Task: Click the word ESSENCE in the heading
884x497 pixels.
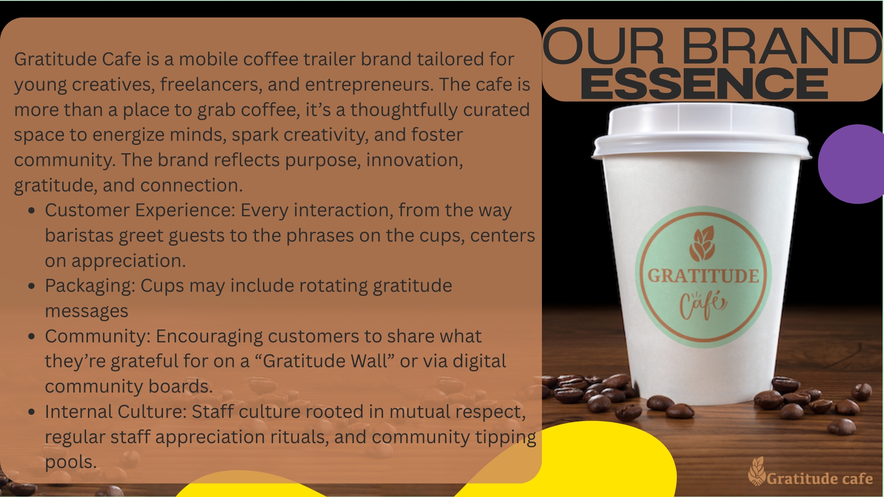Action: click(x=704, y=83)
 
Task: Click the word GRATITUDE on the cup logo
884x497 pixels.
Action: click(x=704, y=276)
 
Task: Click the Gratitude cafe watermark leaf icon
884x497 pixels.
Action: click(x=756, y=471)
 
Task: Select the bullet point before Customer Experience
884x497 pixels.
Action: click(x=32, y=211)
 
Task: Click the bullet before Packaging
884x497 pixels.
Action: click(x=32, y=286)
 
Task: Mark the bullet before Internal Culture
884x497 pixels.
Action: click(x=32, y=412)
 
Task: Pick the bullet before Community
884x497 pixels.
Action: click(x=32, y=336)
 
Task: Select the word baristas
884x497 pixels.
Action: click(x=79, y=236)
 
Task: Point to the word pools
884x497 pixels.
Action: click(x=70, y=462)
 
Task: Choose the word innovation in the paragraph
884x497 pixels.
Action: click(x=414, y=160)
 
